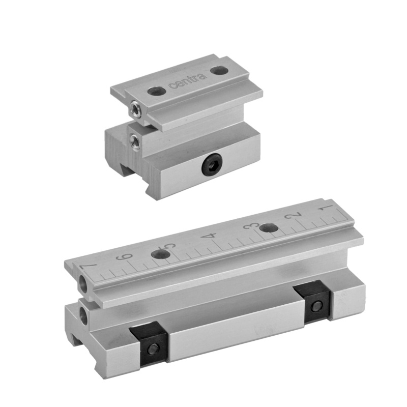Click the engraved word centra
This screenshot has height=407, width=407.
pos(187,81)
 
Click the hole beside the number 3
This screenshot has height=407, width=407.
pos(269,228)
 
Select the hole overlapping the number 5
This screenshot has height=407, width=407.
pos(161,255)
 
